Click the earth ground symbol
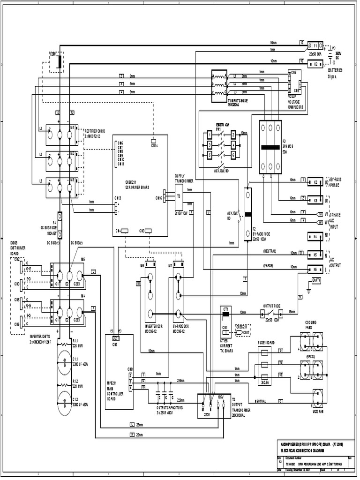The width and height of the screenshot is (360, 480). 308,290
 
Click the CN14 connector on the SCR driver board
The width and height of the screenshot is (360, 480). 153,140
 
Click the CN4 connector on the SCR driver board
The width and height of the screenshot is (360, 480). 125,231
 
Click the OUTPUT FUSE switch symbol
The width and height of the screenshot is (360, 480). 269,313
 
